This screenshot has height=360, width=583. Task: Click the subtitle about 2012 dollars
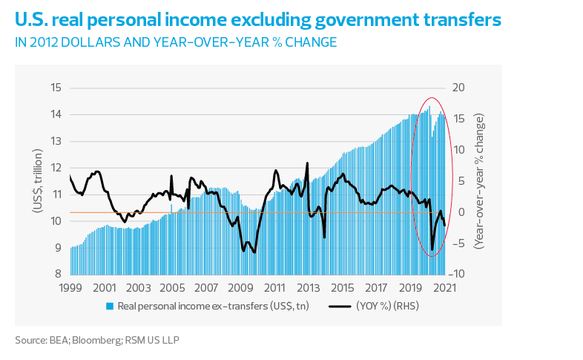click(x=177, y=42)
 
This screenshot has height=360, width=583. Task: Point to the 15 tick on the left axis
click(x=56, y=88)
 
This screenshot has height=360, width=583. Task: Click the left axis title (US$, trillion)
click(x=36, y=181)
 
